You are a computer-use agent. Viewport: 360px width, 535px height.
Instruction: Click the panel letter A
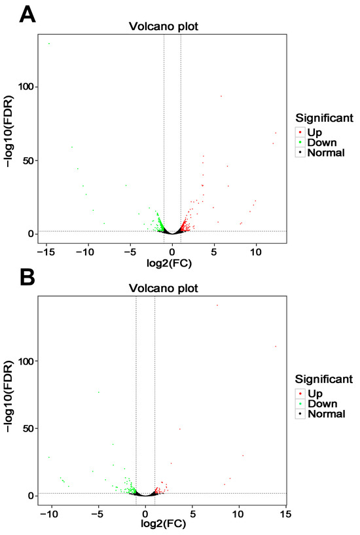(x=27, y=14)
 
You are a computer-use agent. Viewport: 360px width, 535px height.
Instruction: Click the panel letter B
(x=27, y=277)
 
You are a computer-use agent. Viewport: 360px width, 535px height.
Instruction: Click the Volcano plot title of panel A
(x=163, y=27)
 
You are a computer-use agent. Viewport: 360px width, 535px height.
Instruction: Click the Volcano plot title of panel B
(x=163, y=289)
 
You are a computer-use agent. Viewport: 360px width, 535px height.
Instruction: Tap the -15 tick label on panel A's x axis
(x=46, y=252)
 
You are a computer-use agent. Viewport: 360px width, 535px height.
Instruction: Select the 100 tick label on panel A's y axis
(x=26, y=86)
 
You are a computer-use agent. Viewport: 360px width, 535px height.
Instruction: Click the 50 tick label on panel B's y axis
(x=29, y=428)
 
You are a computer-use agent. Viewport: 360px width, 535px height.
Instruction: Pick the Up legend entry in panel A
(x=314, y=132)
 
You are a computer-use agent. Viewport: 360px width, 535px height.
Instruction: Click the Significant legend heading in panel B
(x=324, y=379)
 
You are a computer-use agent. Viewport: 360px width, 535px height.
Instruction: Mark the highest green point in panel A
(x=49, y=44)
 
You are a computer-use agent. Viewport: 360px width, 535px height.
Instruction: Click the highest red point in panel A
(x=221, y=96)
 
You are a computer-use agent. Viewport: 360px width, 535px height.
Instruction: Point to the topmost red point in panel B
(x=217, y=305)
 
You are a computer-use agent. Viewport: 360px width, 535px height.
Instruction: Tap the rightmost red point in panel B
(x=276, y=346)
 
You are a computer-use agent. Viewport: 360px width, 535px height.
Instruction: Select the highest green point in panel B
(x=99, y=392)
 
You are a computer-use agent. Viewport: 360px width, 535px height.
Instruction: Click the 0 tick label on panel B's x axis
(x=145, y=514)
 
